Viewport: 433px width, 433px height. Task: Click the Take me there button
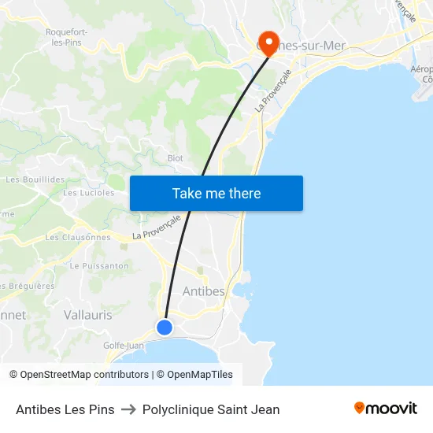click(x=216, y=194)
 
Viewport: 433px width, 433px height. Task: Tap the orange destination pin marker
click(x=268, y=41)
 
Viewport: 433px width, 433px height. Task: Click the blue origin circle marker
click(x=165, y=327)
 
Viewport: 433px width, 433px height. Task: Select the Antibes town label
click(x=203, y=291)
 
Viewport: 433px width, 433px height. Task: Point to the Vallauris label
click(x=87, y=315)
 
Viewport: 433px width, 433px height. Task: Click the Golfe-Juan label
click(x=123, y=345)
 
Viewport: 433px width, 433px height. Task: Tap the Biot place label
click(x=175, y=158)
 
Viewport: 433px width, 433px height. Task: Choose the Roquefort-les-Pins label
click(x=68, y=36)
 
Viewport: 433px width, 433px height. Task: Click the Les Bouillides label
click(x=35, y=179)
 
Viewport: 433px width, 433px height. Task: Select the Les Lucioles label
click(x=88, y=193)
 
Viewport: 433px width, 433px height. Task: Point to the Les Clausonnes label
click(x=78, y=237)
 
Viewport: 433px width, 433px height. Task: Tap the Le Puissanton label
click(x=99, y=266)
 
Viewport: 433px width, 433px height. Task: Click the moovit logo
click(x=385, y=409)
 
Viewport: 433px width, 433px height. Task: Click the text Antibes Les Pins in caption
click(x=65, y=409)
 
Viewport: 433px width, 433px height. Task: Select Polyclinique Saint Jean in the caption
click(x=211, y=409)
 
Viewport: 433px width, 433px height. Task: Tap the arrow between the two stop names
click(x=128, y=409)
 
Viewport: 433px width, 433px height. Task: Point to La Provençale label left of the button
click(x=157, y=227)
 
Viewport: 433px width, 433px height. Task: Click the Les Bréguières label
click(x=28, y=286)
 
